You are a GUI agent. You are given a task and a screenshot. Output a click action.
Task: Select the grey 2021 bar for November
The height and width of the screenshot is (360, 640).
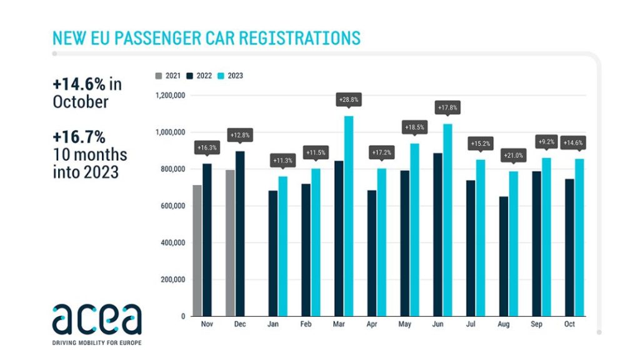click(197, 250)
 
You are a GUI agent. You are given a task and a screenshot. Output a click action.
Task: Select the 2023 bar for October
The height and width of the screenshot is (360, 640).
click(579, 237)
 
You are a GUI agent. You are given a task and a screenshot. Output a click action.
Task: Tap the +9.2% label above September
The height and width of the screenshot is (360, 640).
click(546, 142)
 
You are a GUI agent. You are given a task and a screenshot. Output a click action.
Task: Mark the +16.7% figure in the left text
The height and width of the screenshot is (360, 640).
click(79, 137)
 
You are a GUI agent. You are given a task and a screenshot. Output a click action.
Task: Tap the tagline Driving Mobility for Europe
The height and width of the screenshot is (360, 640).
click(96, 342)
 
